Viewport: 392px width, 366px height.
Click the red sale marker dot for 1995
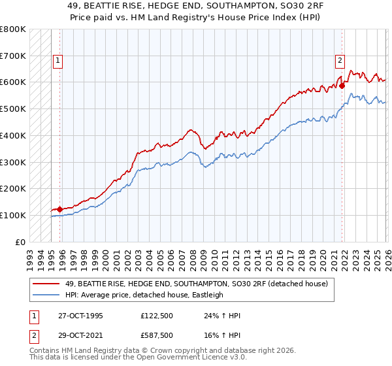coord(59,209)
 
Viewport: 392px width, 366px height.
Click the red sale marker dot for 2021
coord(342,85)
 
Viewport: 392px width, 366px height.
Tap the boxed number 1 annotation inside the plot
coord(58,61)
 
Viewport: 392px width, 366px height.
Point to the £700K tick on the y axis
coord(13,56)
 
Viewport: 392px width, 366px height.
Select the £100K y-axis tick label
coord(13,215)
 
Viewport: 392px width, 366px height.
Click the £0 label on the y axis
coord(20,242)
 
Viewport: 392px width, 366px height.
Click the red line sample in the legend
coord(46,283)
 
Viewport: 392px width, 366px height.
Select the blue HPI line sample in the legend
coord(46,295)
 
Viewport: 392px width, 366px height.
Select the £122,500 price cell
coord(157,316)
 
